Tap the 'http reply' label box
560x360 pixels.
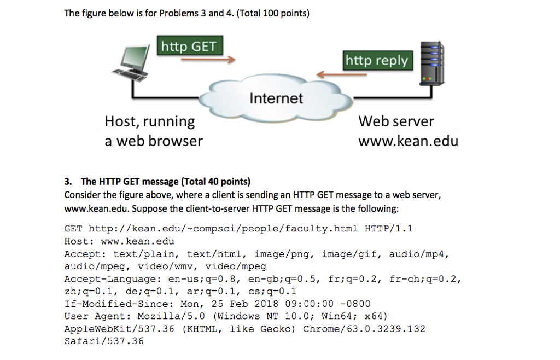(376, 60)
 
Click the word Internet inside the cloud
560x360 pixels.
(276, 98)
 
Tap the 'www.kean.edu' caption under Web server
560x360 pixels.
(408, 141)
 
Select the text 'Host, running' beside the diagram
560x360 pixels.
(149, 121)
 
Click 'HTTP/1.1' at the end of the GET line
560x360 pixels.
(388, 228)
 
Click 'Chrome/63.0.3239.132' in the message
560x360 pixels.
(364, 329)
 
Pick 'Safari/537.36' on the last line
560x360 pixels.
(104, 341)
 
